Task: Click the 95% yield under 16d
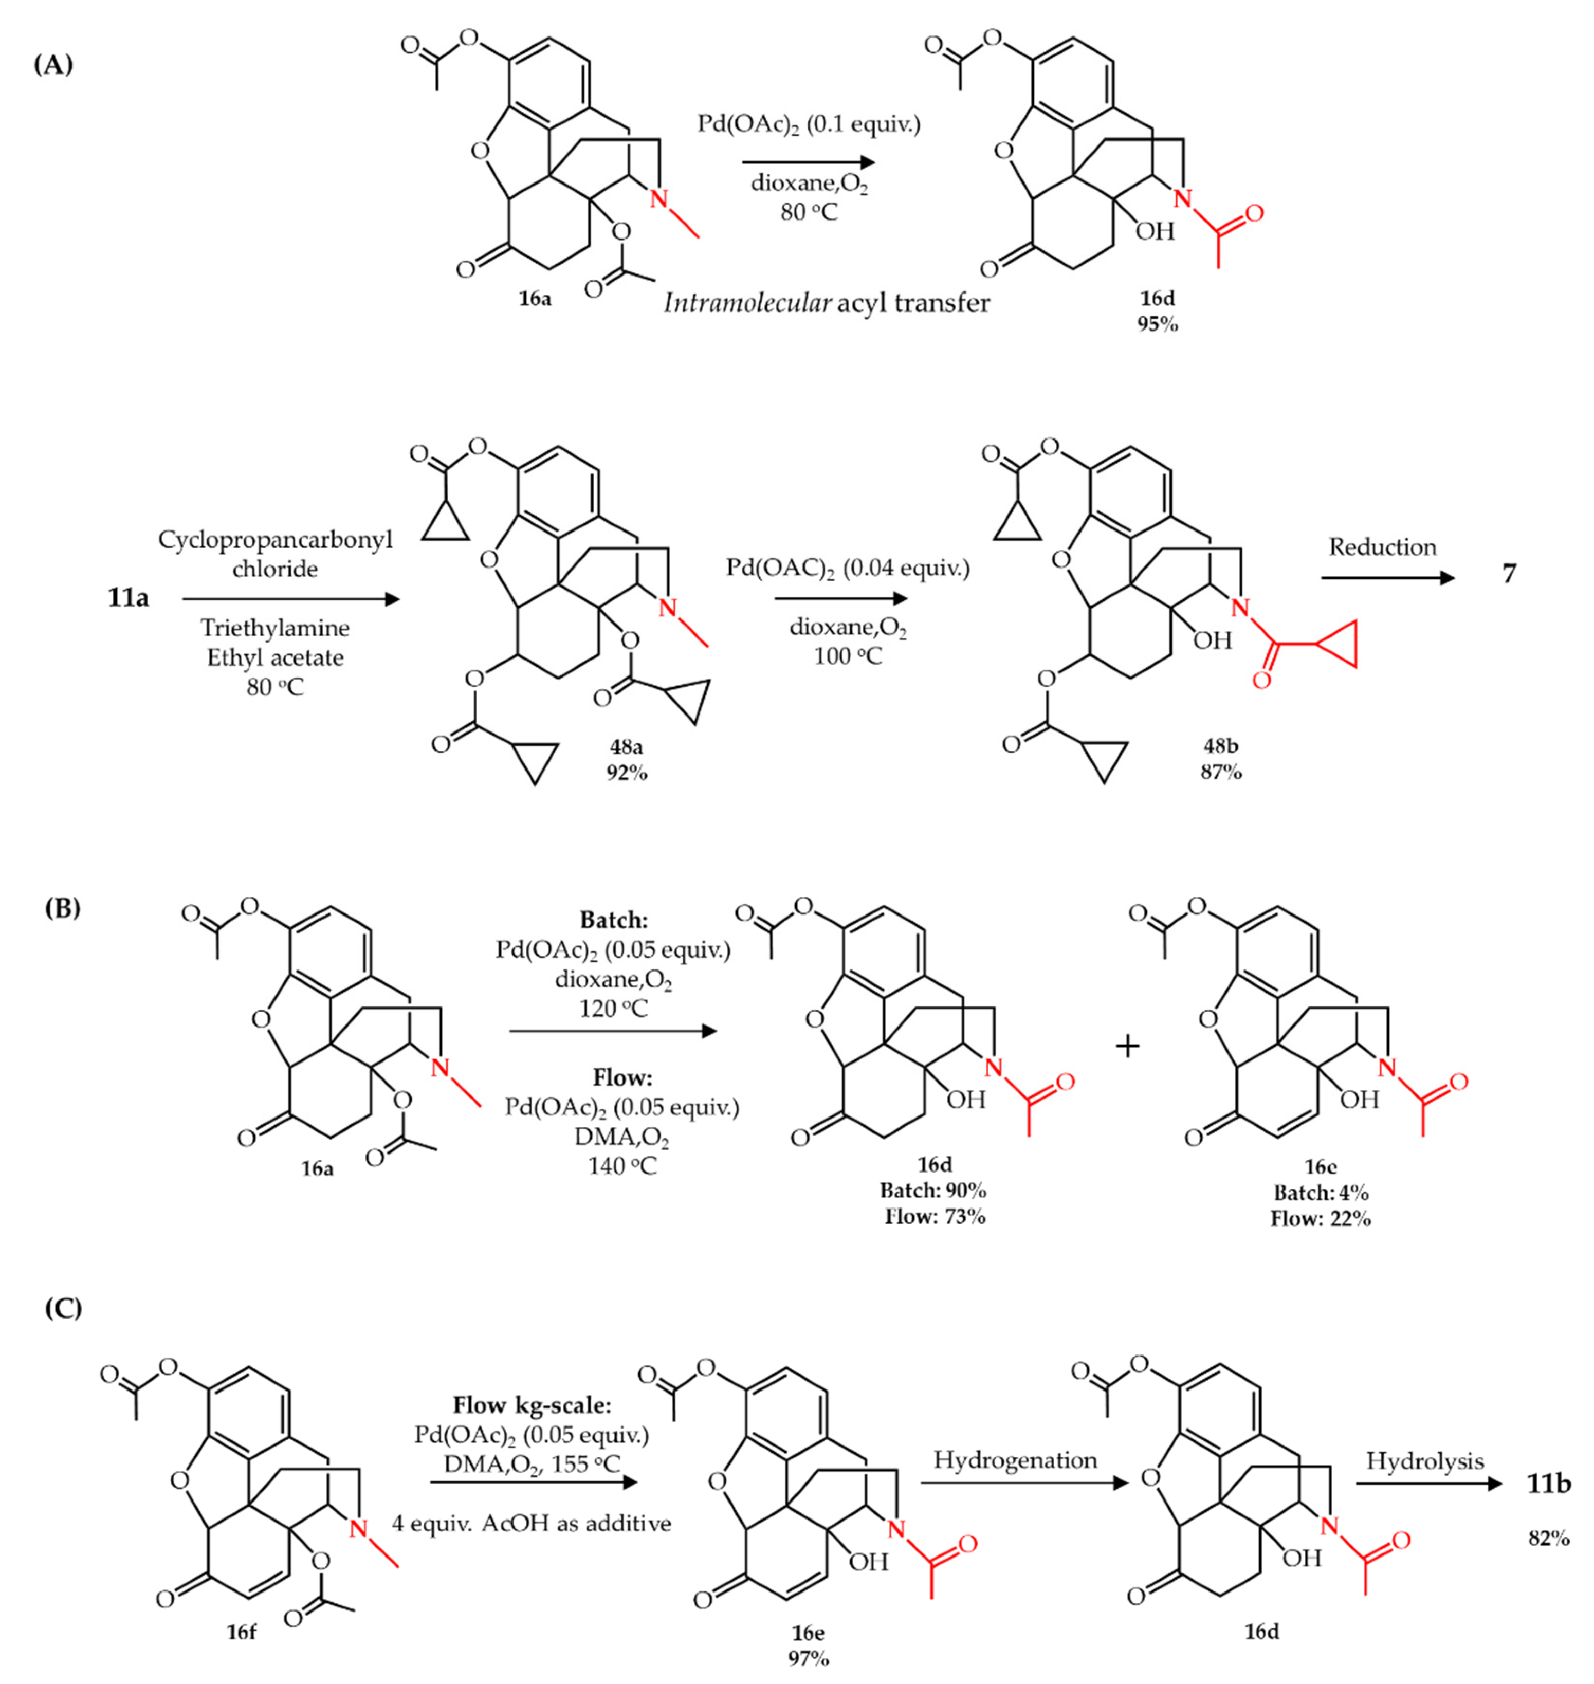pos(1157,324)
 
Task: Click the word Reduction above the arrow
pos(1382,546)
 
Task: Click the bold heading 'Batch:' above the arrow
pos(613,919)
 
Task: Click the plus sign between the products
pos(1127,1046)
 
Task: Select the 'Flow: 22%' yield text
pos(1321,1218)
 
